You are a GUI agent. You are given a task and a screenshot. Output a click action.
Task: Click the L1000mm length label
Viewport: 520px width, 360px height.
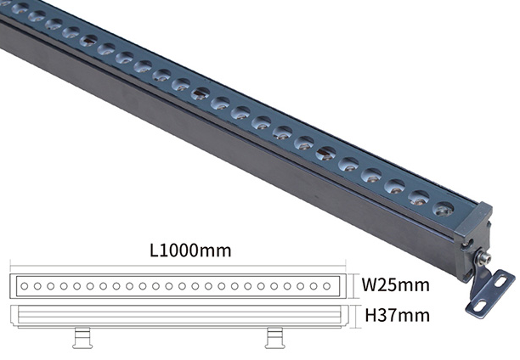coord(190,250)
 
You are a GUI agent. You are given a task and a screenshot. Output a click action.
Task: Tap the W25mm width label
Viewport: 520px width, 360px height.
coord(395,284)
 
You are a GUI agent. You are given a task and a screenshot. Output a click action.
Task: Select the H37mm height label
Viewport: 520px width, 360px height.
coord(397,315)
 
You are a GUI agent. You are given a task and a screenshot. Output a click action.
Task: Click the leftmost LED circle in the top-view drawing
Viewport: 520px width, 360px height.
coord(24,286)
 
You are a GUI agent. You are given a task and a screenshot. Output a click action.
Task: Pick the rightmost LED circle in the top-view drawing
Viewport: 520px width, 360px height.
coord(326,286)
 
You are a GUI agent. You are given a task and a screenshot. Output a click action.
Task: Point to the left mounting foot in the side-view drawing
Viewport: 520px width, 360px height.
coord(82,338)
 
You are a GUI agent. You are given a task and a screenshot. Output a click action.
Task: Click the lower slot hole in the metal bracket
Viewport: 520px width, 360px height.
coord(480,306)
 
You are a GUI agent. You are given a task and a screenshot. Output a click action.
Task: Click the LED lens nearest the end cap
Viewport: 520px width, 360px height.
coord(443,209)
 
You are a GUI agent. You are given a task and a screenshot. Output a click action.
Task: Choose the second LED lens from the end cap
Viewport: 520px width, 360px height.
coord(419,198)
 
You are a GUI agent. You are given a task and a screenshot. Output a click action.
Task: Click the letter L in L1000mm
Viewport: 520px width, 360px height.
coord(154,250)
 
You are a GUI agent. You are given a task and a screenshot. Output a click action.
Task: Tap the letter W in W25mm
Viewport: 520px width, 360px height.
coord(370,284)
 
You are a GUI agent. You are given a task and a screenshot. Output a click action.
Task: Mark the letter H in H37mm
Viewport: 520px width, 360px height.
coord(370,315)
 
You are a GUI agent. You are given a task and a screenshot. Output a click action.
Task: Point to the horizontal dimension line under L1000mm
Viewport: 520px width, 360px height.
coord(178,266)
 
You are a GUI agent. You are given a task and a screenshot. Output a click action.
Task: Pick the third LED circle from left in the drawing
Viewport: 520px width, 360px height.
coord(50,286)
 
